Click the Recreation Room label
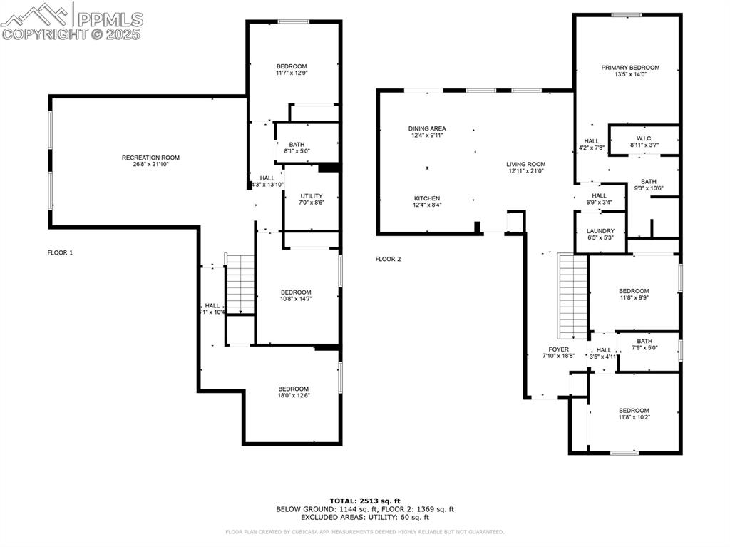pos(150,158)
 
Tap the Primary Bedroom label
pos(629,68)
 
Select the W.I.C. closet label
pos(644,138)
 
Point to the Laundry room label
pos(600,231)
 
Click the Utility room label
pos(312,196)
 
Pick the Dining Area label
pos(427,128)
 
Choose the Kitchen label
pos(427,198)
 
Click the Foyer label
pos(558,349)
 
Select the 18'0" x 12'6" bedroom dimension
pos(294,396)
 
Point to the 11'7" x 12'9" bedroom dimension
pos(292,73)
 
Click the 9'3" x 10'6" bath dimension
pos(648,188)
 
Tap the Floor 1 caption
pos(60,252)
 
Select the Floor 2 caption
pos(388,259)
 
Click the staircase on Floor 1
pos(240,284)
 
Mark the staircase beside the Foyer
pos(572,297)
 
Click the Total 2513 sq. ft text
pos(364,500)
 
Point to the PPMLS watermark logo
pos(71,21)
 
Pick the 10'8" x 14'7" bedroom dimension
pos(295,299)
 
